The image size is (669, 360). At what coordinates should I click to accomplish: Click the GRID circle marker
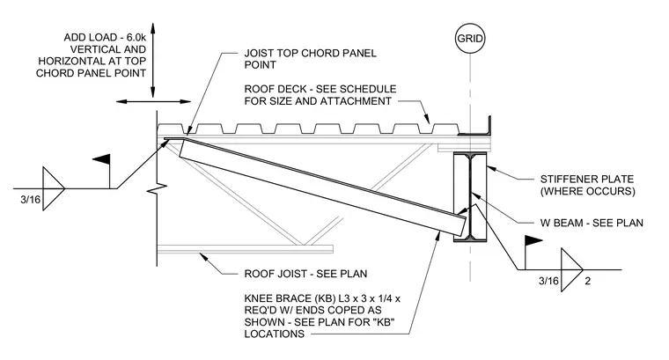click(x=470, y=39)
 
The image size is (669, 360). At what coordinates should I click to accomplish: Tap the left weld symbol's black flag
click(x=101, y=159)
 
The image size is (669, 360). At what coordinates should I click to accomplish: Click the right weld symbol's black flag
click(x=533, y=240)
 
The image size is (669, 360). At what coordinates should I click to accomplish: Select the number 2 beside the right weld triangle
click(x=587, y=281)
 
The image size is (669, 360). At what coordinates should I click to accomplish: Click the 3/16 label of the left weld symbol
click(x=30, y=199)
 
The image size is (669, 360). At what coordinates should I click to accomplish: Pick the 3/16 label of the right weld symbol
click(x=548, y=281)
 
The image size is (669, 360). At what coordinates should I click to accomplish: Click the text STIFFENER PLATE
click(x=587, y=180)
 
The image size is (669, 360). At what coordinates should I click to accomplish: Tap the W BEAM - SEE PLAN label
click(x=592, y=223)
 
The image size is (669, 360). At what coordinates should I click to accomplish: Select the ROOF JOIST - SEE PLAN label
click(x=305, y=274)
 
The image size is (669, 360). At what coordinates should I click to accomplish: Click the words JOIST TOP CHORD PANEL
click(x=311, y=54)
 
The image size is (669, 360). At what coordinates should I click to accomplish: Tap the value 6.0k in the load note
click(x=136, y=38)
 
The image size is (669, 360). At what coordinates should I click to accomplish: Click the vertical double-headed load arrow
click(x=153, y=60)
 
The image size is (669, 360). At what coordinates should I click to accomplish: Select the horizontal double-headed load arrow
click(x=153, y=101)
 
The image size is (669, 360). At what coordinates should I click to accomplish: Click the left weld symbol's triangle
click(x=54, y=188)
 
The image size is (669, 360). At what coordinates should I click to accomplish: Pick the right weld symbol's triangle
click(x=571, y=269)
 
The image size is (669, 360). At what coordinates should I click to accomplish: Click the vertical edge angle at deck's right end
click(x=489, y=126)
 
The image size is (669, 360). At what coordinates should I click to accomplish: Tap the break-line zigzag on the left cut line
click(x=156, y=188)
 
